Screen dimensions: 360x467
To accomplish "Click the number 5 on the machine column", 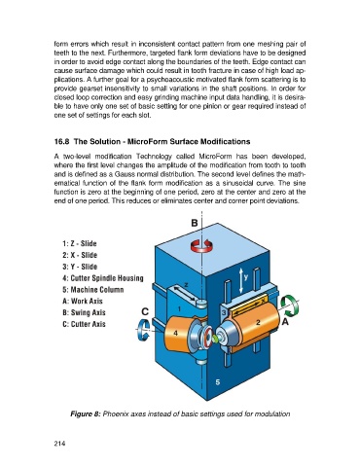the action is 218,382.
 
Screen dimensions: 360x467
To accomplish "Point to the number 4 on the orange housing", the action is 175,333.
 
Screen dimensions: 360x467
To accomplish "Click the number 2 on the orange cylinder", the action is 258,322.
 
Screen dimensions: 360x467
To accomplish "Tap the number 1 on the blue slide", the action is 179,308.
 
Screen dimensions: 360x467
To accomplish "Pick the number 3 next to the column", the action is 224,313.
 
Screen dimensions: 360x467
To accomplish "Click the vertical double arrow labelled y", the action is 240,281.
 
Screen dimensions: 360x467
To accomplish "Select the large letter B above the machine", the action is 195,223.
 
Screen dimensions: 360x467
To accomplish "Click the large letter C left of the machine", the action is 145,311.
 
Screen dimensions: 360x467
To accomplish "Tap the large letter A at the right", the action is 285,322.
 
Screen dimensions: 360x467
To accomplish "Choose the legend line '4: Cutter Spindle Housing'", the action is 103,278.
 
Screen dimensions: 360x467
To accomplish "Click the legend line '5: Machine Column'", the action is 93,289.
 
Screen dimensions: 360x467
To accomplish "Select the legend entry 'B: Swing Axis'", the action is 84,312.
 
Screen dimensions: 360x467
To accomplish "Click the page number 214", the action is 59,444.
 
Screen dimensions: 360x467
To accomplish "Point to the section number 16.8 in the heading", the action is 61,142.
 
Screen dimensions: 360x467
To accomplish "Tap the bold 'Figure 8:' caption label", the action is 86,414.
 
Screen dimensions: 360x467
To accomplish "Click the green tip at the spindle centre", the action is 215,340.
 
